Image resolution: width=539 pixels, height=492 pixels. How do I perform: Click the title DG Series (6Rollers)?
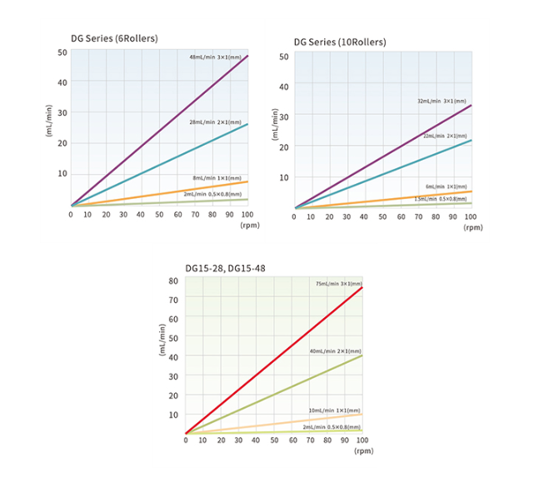[x=113, y=38]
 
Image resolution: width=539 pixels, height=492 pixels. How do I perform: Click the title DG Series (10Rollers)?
[x=339, y=42]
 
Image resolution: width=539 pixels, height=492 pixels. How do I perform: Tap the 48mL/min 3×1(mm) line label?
[x=215, y=57]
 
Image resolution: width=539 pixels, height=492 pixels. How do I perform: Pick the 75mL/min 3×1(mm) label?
[x=338, y=284]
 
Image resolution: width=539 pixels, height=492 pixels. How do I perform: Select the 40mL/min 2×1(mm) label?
[x=335, y=351]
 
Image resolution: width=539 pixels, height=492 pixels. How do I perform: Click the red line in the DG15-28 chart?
[x=275, y=360]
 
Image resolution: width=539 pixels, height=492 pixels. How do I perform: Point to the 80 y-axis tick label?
[x=173, y=280]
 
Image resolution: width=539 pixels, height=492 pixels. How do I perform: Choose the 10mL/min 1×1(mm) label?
[x=335, y=410]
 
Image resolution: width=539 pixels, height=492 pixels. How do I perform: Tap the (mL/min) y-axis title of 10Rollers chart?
[x=275, y=123]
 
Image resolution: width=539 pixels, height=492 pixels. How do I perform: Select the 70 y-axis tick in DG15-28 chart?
[x=173, y=299]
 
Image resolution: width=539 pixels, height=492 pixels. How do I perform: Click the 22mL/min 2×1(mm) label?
[x=445, y=136]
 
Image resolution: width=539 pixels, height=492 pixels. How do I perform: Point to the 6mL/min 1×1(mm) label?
[x=446, y=186]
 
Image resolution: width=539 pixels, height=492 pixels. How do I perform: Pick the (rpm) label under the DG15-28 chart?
[x=363, y=450]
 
